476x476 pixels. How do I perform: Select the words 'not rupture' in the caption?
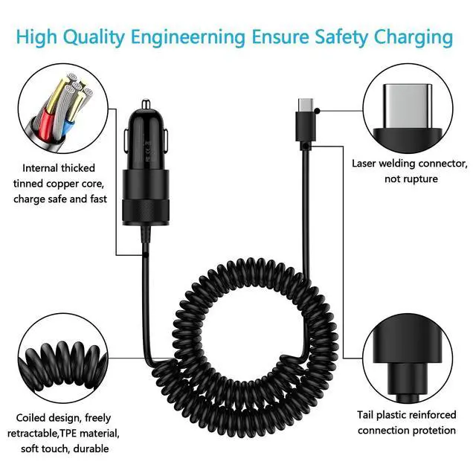point(411,179)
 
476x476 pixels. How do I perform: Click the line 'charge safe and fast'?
point(60,199)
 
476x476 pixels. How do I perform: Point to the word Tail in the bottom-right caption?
point(366,415)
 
